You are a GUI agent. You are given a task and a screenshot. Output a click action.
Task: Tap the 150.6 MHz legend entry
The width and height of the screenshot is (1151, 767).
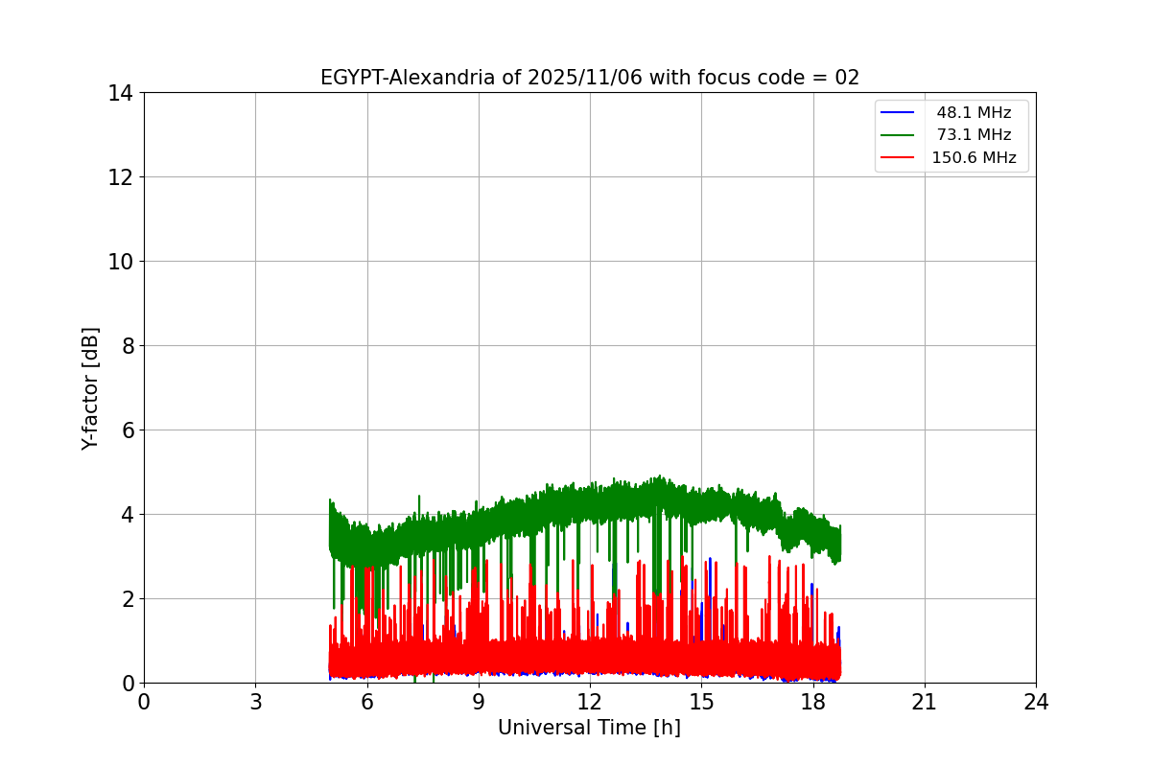pos(974,158)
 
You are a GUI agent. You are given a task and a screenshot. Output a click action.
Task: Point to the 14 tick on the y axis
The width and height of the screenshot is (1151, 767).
pos(120,93)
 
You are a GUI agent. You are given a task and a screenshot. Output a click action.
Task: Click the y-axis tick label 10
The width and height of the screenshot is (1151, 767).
pos(120,262)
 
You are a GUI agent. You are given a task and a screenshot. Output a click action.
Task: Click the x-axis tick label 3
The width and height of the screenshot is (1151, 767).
pos(255,703)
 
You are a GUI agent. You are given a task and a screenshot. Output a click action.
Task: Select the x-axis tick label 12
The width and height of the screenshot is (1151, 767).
pos(590,703)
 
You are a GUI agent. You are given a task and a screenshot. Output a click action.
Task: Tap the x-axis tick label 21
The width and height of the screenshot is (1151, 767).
pos(925,703)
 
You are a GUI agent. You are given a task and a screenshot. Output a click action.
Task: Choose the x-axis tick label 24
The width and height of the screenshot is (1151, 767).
pos(1036,703)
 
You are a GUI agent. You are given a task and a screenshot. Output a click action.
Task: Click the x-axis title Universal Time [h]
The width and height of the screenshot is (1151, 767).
pos(589,728)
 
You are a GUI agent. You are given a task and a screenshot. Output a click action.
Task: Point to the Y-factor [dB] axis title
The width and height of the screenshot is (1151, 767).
pos(90,388)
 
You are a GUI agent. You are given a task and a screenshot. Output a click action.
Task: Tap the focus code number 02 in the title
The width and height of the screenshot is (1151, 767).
pos(847,78)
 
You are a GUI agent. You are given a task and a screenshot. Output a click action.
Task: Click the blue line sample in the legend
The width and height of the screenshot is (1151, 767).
pos(900,113)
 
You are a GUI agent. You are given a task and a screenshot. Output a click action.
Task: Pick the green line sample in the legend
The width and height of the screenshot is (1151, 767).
pos(900,135)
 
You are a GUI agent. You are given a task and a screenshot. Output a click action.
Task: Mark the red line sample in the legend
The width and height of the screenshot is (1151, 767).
pos(900,158)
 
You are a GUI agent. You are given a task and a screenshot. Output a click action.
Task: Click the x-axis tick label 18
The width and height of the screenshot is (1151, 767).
pos(813,703)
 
